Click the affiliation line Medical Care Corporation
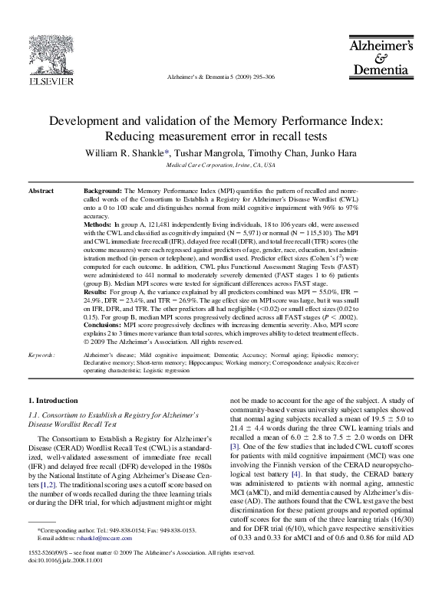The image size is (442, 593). (x=221, y=165)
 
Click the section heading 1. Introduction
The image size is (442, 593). (x=52, y=401)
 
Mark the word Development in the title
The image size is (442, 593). (x=87, y=121)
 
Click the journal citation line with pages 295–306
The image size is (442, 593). (x=221, y=78)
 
